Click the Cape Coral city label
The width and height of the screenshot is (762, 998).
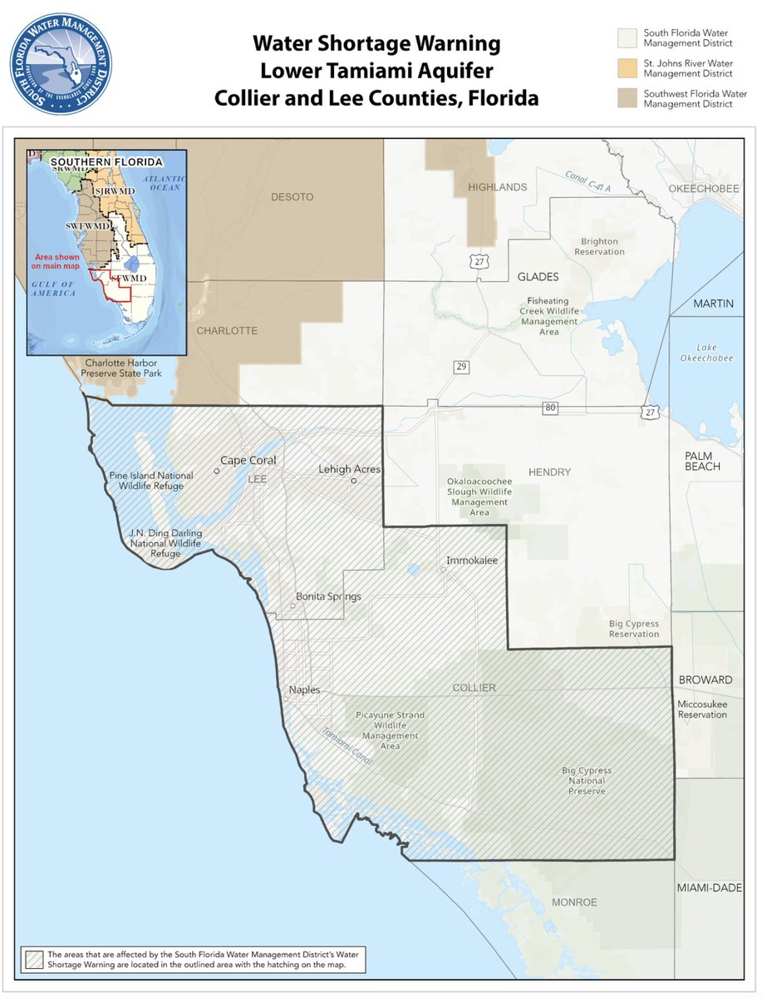[248, 460]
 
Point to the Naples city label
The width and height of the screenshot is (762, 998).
[304, 689]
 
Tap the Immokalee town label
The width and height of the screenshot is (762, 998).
[471, 561]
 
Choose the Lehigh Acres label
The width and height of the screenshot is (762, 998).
[349, 469]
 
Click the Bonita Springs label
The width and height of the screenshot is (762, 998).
[328, 596]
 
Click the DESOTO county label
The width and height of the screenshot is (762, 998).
[292, 196]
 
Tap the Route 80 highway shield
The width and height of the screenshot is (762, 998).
[549, 408]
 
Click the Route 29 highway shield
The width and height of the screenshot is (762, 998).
[460, 367]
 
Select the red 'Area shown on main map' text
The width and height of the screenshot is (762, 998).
[55, 261]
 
